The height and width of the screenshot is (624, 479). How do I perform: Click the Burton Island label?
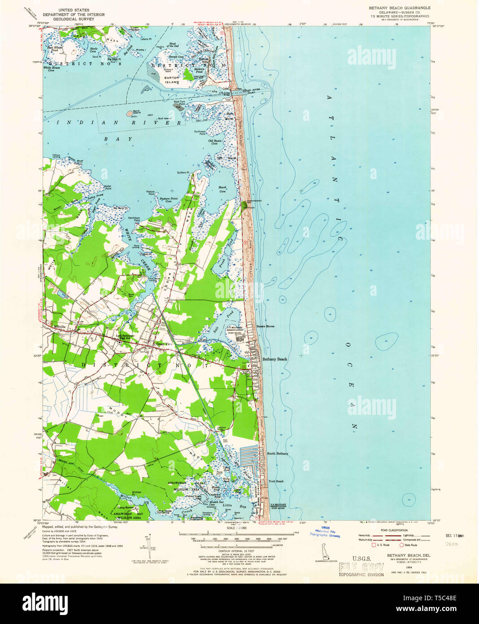pyautogui.click(x=172, y=80)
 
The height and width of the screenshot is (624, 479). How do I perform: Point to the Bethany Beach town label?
pyautogui.click(x=274, y=359)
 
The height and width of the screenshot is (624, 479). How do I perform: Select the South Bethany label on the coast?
pyautogui.click(x=278, y=453)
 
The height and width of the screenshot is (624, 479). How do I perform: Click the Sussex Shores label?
pyautogui.click(x=265, y=326)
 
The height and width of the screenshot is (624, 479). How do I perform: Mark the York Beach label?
pyautogui.click(x=276, y=481)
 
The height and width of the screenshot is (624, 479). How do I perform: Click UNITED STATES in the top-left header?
pyautogui.click(x=77, y=10)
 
